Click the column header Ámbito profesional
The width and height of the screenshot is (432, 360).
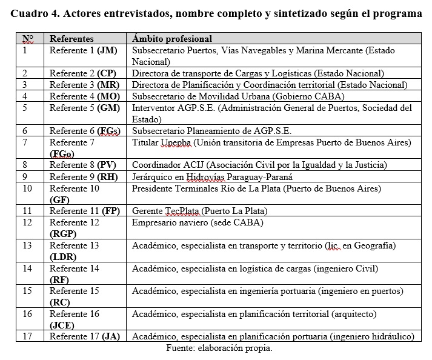click(x=171, y=39)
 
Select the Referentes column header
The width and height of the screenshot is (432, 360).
click(x=71, y=39)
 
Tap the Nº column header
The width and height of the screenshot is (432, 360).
click(x=28, y=39)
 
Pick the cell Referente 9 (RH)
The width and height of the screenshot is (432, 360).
click(x=83, y=177)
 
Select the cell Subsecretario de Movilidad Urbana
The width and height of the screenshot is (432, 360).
click(x=238, y=96)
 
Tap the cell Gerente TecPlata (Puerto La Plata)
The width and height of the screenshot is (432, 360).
click(x=199, y=211)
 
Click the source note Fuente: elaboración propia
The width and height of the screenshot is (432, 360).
click(x=219, y=348)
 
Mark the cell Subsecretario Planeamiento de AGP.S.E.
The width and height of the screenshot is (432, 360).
click(x=211, y=130)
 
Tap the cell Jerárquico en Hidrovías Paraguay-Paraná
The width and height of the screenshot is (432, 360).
click(x=212, y=177)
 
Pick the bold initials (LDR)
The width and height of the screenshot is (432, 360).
click(x=62, y=256)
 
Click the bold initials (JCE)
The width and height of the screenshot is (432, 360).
click(x=62, y=324)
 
